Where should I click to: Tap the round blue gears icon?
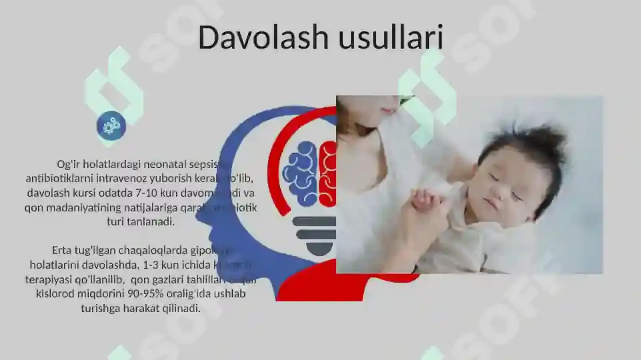111,125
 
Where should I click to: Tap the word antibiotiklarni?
57,179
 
